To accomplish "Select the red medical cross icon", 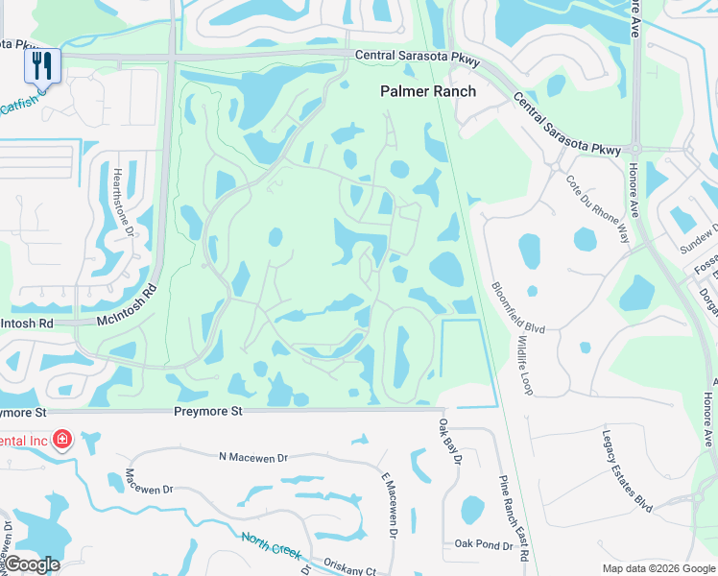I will click(63, 440).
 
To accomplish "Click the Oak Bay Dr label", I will click(450, 440).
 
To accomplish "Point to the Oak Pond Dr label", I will click(483, 545).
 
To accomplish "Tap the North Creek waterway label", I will click(273, 546).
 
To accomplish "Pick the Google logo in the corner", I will click(32, 564).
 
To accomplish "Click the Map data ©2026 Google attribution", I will click(658, 568).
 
